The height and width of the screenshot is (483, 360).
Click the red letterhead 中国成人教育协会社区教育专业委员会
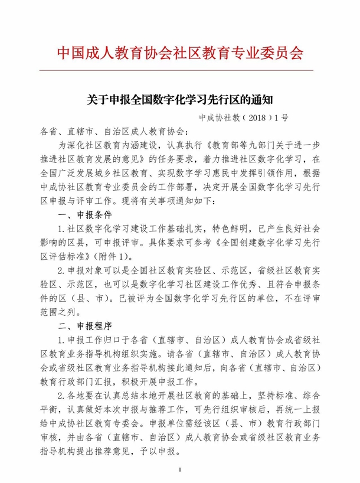[x=179, y=54]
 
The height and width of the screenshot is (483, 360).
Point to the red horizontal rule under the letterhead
[x=179, y=71]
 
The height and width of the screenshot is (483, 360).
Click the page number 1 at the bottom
[x=179, y=469]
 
